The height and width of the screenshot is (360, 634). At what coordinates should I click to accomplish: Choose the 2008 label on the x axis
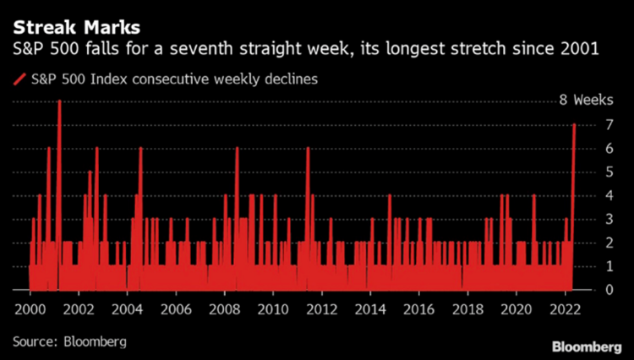[x=224, y=308]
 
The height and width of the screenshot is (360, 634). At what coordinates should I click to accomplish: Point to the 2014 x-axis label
[x=370, y=308]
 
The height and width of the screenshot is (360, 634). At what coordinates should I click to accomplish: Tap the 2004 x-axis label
[x=127, y=308]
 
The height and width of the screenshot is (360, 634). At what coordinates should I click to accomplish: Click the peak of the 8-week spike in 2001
[x=59, y=101]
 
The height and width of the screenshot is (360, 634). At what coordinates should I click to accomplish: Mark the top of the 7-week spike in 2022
[x=574, y=125]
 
